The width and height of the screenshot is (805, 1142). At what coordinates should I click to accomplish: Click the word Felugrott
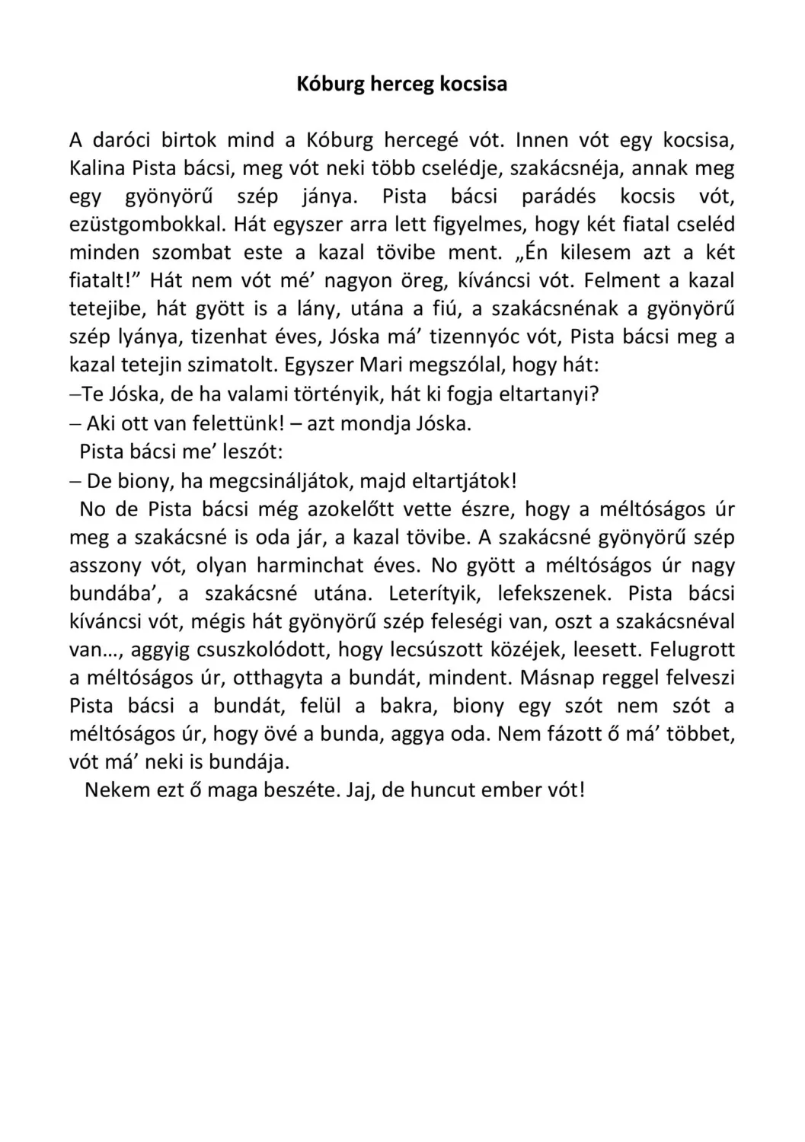694,650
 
